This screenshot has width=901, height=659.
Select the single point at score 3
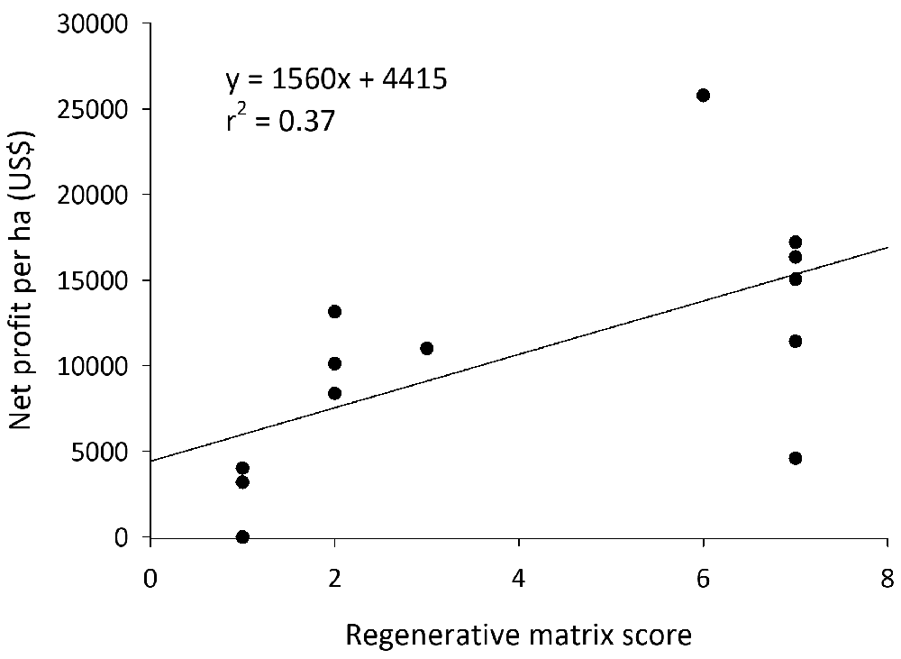(427, 348)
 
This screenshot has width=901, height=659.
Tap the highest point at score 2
(335, 311)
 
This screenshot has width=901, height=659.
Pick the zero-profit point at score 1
(242, 536)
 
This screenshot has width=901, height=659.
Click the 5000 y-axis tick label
(103, 452)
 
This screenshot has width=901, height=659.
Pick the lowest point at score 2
(335, 393)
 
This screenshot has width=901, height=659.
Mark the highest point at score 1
(242, 468)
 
